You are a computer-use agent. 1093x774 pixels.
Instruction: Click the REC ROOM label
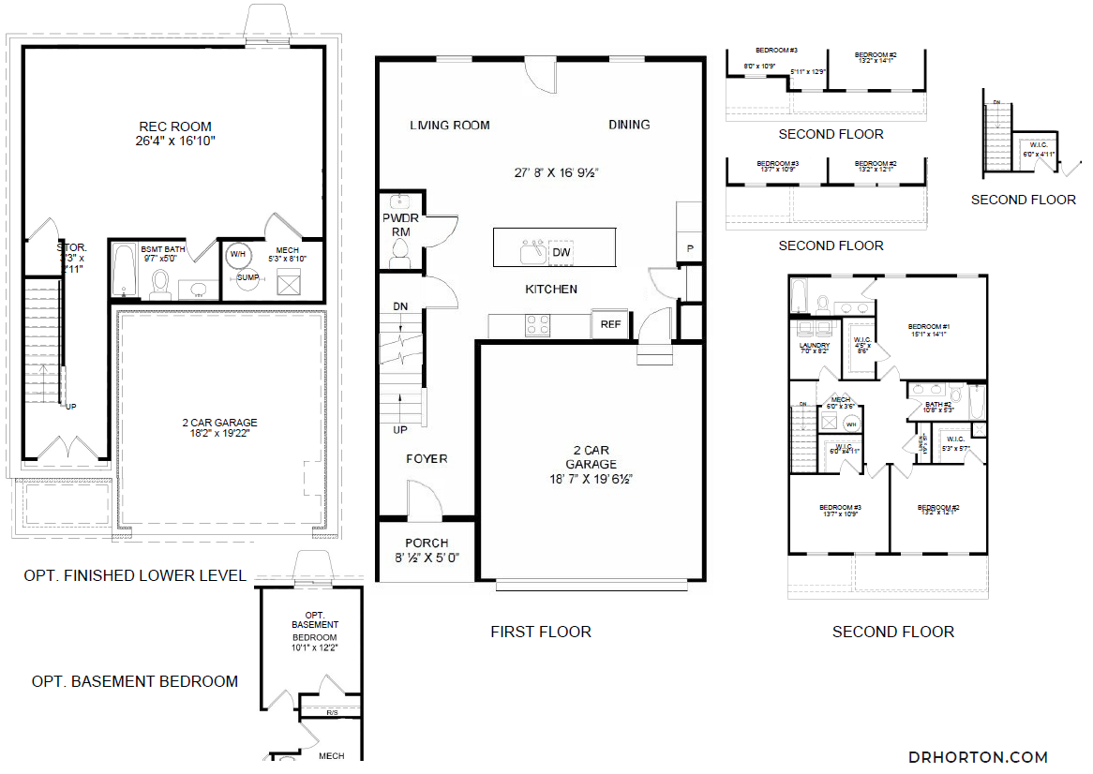point(175,127)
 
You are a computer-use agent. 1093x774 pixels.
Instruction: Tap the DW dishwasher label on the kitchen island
point(561,252)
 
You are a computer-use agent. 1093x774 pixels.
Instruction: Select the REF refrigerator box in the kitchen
point(611,325)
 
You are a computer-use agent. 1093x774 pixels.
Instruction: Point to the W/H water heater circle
point(237,254)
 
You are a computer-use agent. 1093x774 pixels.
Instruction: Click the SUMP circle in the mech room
point(247,277)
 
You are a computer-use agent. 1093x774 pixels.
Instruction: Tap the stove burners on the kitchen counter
point(537,324)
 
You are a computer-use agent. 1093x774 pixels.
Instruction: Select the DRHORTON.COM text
point(978,757)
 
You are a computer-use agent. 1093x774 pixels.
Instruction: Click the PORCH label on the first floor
point(427,543)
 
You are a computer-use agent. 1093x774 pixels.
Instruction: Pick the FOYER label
point(427,459)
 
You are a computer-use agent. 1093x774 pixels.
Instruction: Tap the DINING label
point(629,125)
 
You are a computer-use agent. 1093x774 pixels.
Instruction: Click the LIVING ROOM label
point(450,126)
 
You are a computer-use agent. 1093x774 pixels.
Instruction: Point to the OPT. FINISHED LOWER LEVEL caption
point(135,575)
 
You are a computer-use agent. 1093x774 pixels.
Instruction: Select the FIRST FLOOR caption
point(541,632)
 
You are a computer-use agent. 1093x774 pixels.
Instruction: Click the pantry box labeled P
point(690,248)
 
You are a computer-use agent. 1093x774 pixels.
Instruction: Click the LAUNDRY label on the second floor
point(815,346)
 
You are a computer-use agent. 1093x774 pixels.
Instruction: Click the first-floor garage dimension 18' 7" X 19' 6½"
point(591,478)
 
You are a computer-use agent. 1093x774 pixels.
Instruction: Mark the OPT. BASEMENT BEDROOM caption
point(135,681)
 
